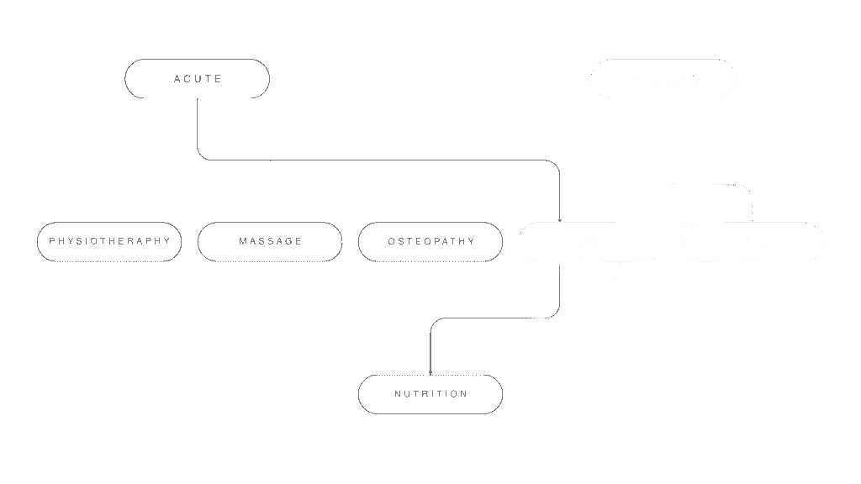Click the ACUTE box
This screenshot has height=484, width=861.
click(197, 79)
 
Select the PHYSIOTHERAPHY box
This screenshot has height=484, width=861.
click(109, 242)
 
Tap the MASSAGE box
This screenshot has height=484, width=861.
click(270, 242)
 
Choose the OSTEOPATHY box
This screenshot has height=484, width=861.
click(430, 242)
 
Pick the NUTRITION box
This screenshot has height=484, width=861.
click(430, 394)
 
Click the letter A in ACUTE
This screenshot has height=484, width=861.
click(177, 79)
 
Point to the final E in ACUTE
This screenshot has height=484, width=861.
click(219, 79)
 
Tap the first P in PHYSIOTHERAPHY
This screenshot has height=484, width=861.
click(52, 242)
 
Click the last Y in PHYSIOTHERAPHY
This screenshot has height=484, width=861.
click(166, 242)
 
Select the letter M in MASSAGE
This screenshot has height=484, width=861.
click(243, 242)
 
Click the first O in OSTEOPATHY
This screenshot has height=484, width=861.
click(392, 242)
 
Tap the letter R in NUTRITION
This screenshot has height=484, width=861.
click(425, 394)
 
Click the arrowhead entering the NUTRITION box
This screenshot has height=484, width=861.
click(430, 372)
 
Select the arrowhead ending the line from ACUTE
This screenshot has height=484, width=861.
click(560, 219)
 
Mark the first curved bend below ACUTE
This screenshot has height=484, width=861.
click(201, 155)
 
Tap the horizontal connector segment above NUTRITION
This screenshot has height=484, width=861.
click(496, 318)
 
